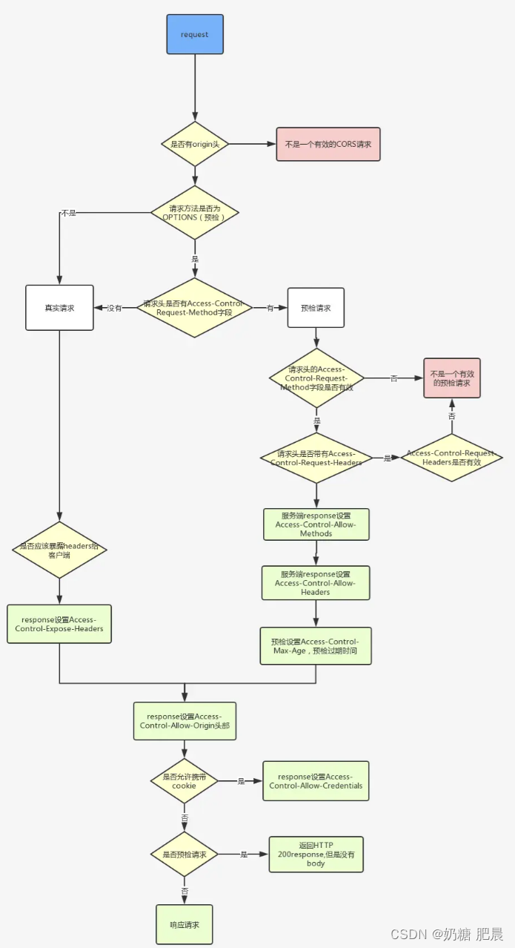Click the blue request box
coord(195,34)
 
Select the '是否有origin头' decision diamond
coord(195,144)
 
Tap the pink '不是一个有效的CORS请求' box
coord(328,145)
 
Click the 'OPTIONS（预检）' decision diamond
coord(195,212)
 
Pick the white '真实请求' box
coord(59,308)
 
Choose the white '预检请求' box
coord(316,308)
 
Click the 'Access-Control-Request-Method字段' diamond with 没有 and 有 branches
coord(194,308)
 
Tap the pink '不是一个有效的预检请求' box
coord(452,378)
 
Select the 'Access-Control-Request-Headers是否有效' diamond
coord(451,458)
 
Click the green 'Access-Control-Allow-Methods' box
coord(316,524)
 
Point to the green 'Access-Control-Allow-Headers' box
coord(316,583)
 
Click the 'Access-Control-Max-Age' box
coord(316,646)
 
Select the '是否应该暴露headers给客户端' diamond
coord(59,550)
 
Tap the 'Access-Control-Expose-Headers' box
coord(59,624)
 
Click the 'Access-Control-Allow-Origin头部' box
coord(185,721)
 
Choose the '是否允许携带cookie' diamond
coord(185,781)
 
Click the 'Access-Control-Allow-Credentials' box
coord(316,781)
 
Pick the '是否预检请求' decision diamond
coord(185,854)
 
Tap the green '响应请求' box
coord(185,924)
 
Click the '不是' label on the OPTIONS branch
coord(68,213)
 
